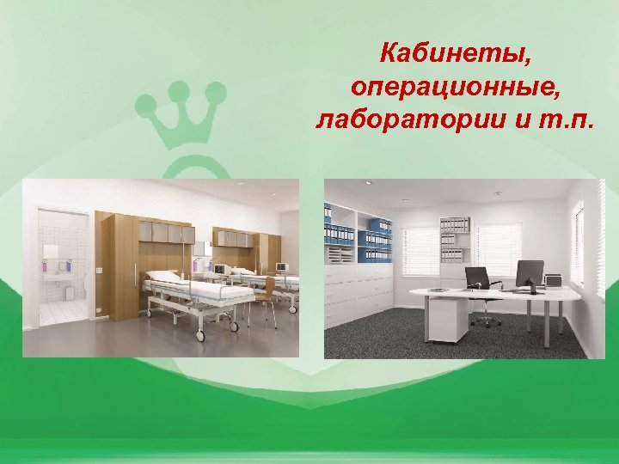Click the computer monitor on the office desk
(530, 275)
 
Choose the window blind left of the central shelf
(420, 250)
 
